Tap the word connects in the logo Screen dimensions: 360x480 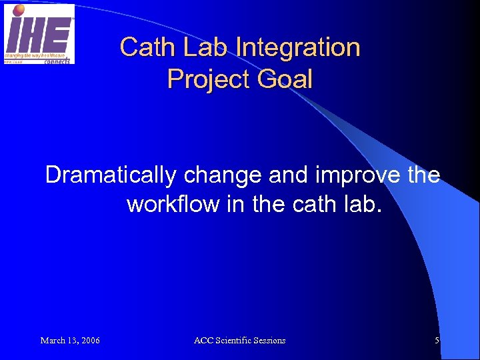coord(57,60)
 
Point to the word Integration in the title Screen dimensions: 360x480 coord(298,47)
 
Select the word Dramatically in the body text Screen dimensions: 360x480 coord(110,175)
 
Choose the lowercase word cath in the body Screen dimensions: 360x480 coord(313,204)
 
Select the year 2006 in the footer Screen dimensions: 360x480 coord(89,341)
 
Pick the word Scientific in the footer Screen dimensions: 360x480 coord(235,341)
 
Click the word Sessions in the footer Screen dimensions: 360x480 coord(270,341)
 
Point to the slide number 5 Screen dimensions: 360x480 coord(437,341)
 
